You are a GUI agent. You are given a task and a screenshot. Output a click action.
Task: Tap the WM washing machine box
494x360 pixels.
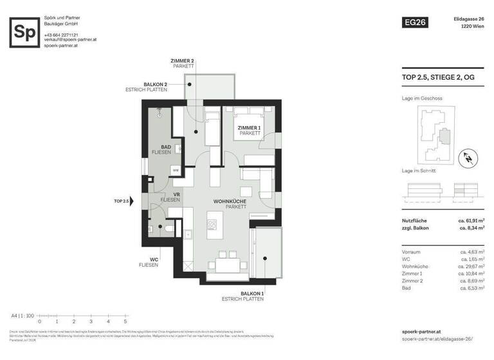[x=174, y=170]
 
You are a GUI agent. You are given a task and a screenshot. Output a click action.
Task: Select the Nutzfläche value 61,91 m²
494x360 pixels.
[x=471, y=221]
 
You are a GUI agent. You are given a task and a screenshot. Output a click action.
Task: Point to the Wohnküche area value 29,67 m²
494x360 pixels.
[x=471, y=266]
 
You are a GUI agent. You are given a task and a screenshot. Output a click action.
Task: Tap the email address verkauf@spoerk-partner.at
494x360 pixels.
[x=70, y=40]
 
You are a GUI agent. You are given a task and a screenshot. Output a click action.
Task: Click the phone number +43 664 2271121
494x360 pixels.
[x=61, y=35]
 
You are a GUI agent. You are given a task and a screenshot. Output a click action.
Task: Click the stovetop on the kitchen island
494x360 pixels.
[x=212, y=224]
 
